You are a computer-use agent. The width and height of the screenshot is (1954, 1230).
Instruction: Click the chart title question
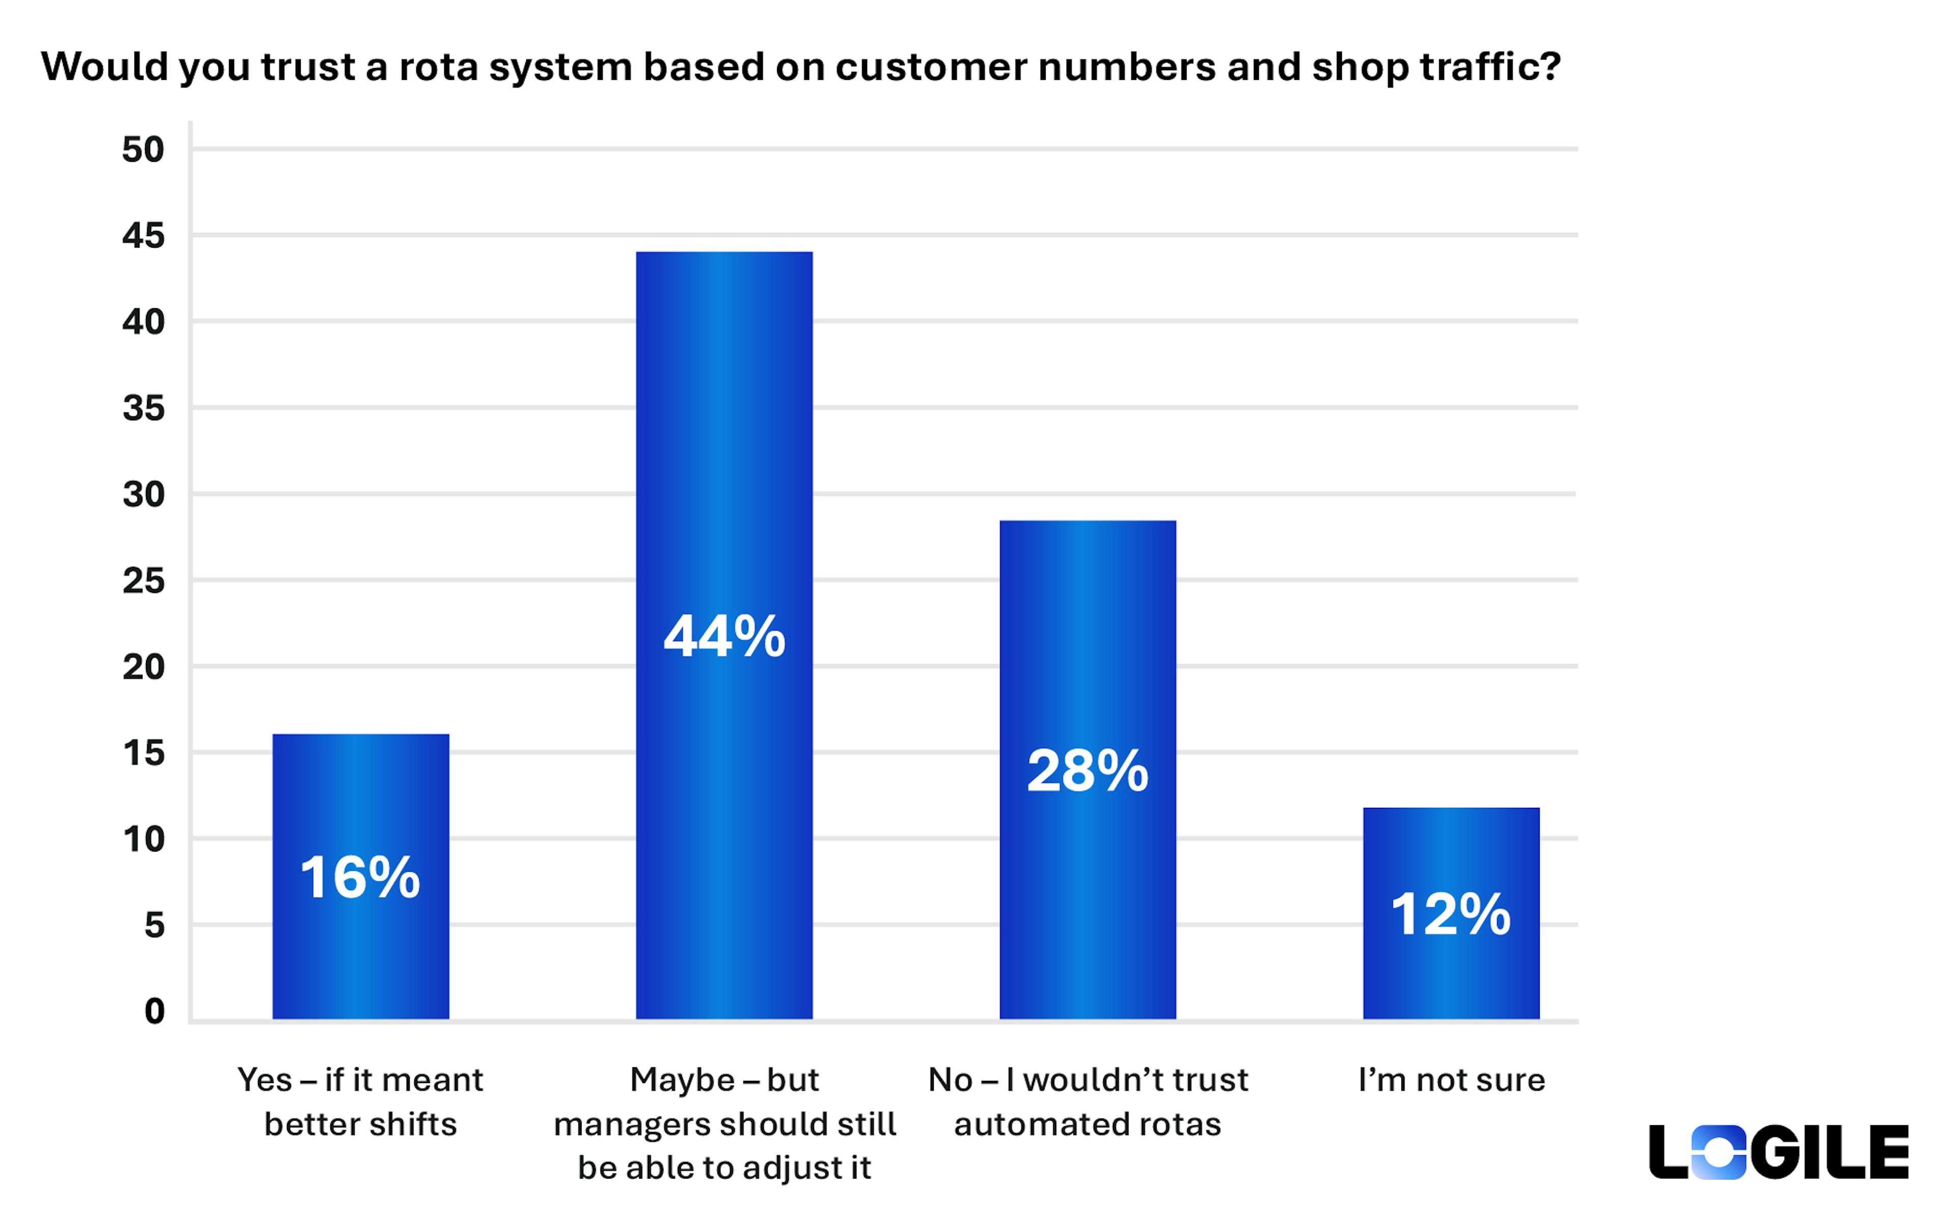[800, 67]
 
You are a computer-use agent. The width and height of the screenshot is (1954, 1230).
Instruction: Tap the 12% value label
[1451, 915]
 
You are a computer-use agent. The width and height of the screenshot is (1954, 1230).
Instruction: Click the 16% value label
[360, 878]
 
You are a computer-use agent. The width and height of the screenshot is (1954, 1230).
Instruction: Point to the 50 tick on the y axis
[143, 150]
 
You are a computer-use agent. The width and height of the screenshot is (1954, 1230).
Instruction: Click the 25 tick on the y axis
[143, 581]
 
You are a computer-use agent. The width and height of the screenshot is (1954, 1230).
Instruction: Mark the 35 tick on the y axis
[143, 408]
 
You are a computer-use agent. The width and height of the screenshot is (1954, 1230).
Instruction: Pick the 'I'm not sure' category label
[1451, 1080]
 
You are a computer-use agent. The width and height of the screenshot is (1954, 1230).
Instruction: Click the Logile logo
[1779, 1152]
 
